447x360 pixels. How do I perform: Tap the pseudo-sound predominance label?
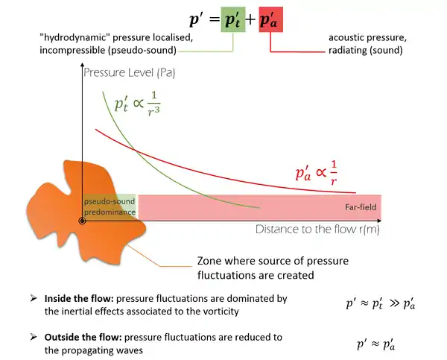coord(110,207)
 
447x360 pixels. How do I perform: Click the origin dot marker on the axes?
coord(82,221)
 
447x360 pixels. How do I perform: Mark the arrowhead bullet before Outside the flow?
coord(33,338)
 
